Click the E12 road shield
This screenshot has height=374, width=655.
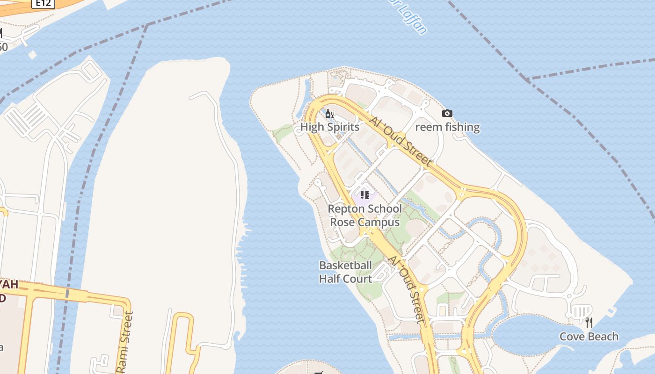point(44,3)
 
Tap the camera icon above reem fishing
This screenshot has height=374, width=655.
point(447,113)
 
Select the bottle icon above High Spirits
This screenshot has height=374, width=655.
point(329,114)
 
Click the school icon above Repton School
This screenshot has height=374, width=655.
point(364,194)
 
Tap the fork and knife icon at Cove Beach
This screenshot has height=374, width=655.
point(589,322)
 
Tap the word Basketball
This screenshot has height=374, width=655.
point(345,266)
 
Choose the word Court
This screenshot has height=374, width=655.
point(361,279)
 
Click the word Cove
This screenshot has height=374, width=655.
point(571,337)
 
